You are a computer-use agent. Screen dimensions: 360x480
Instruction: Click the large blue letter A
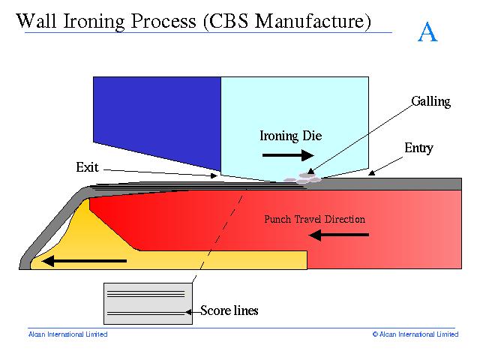(427, 31)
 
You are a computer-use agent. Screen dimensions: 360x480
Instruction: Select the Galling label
(430, 101)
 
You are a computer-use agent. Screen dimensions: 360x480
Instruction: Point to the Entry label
(418, 148)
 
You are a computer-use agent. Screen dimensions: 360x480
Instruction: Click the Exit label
(87, 166)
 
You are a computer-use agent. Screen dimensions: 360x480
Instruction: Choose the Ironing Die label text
(290, 136)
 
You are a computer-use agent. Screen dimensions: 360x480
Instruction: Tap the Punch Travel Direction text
(314, 220)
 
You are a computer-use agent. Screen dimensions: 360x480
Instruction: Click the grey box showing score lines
(147, 303)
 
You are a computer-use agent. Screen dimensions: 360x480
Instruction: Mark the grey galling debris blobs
(303, 178)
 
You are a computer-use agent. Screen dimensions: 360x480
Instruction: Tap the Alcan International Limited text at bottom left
(67, 334)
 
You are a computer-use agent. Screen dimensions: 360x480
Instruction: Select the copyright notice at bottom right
(415, 334)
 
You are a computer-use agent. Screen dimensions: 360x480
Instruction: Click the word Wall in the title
(34, 22)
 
